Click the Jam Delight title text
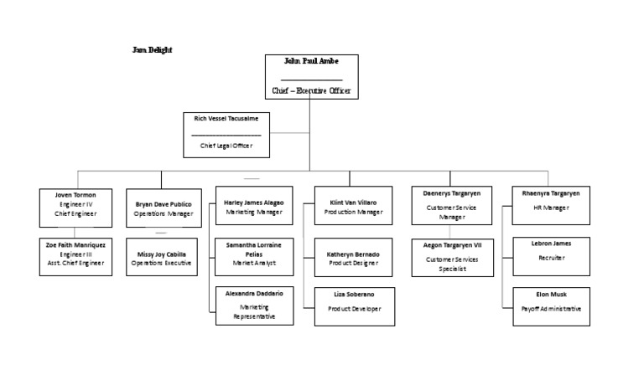(153, 50)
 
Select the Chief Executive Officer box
(312, 76)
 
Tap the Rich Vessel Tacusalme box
(226, 134)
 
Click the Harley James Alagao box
(254, 206)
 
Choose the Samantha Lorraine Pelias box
(254, 256)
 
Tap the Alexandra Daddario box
(254, 305)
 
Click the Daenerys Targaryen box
(451, 205)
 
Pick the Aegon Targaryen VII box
(451, 258)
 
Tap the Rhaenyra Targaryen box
(550, 205)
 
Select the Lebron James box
(550, 256)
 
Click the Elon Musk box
(550, 305)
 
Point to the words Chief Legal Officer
(226, 146)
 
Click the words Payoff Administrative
(550, 309)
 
